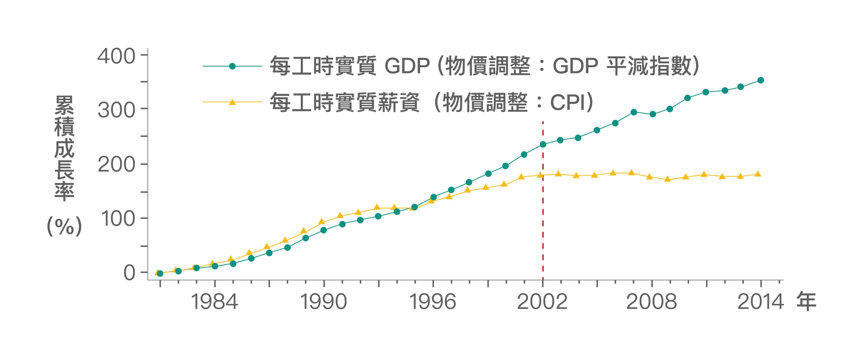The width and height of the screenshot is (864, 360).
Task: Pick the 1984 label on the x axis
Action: [x=214, y=301]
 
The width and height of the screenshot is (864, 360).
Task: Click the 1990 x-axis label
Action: [x=324, y=301]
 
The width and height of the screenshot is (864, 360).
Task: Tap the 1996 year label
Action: [x=433, y=301]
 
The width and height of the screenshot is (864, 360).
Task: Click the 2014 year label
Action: [x=760, y=301]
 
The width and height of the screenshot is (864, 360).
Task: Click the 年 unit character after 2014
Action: [x=806, y=301]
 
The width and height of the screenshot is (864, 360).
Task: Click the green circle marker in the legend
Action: [x=232, y=66]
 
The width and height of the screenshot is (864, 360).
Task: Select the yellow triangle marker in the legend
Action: [x=232, y=102]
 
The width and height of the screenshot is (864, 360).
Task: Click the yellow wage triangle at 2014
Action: [x=757, y=174]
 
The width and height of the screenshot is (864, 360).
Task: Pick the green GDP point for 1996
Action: [x=433, y=197]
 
